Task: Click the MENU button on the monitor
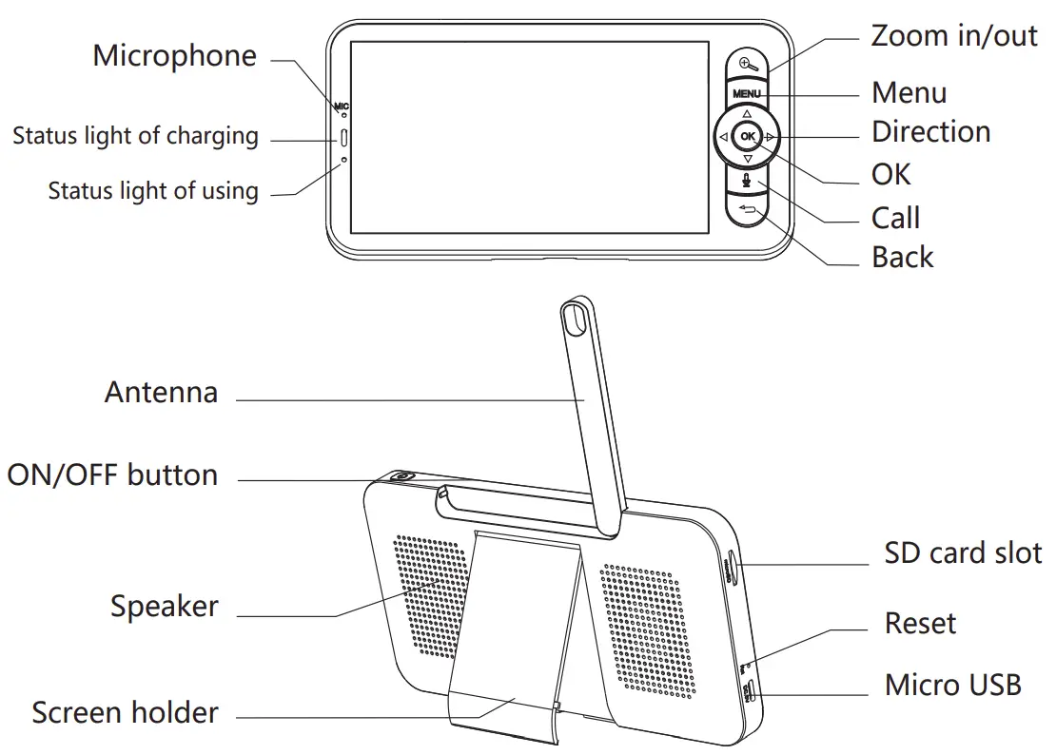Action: [x=747, y=93]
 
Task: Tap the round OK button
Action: [x=748, y=137]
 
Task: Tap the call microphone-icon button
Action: [x=748, y=177]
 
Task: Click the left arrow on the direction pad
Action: [x=723, y=138]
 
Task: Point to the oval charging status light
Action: [x=343, y=138]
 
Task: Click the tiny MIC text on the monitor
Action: [x=342, y=105]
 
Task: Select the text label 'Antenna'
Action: [x=161, y=392]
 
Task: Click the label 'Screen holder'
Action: [x=125, y=712]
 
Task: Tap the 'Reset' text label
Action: [x=920, y=624]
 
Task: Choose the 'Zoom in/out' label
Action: [x=953, y=36]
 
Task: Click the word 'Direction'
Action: [x=930, y=131]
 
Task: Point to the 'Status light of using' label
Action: [x=153, y=190]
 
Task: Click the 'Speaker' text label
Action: [x=164, y=606]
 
